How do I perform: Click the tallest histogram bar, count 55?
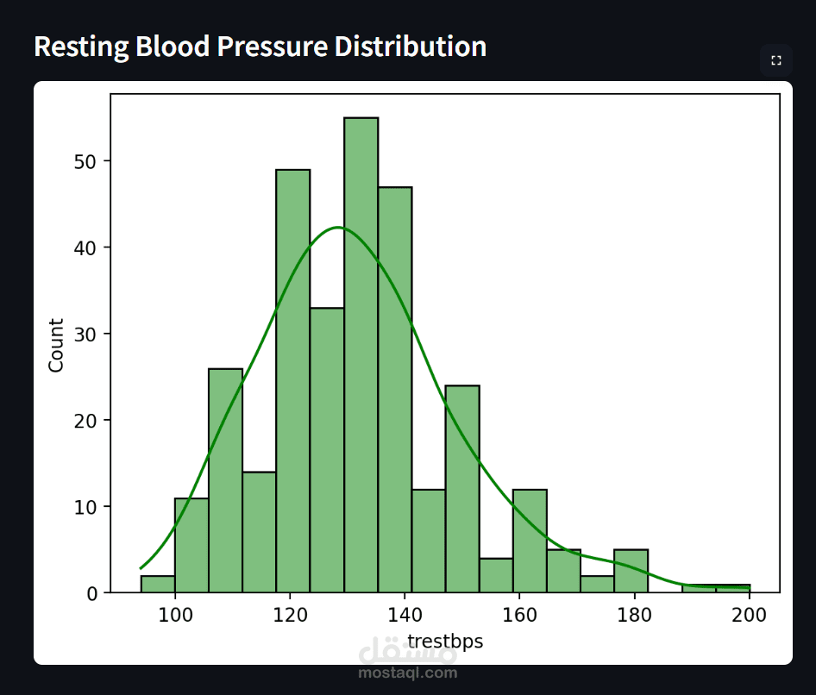(x=361, y=354)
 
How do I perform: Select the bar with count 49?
(x=293, y=380)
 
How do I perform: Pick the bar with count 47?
(x=394, y=389)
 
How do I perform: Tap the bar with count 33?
(x=327, y=449)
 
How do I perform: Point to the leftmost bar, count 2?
(x=158, y=585)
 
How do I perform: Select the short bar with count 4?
(x=496, y=576)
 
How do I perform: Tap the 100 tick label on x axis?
(x=175, y=615)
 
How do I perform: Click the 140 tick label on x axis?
(x=405, y=615)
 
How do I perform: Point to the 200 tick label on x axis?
(x=749, y=615)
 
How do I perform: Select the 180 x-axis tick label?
(x=634, y=615)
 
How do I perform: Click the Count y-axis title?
(x=57, y=345)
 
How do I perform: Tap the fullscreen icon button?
(x=776, y=60)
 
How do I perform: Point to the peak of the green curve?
(x=338, y=228)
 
